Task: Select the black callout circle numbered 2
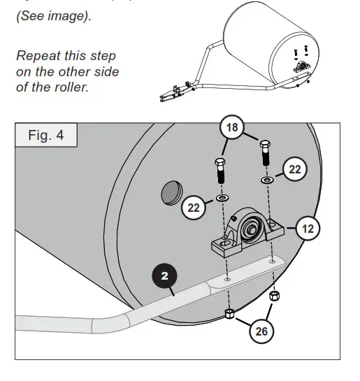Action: click(x=164, y=277)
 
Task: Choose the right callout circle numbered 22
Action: click(x=296, y=168)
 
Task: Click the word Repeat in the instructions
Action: click(x=34, y=56)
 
